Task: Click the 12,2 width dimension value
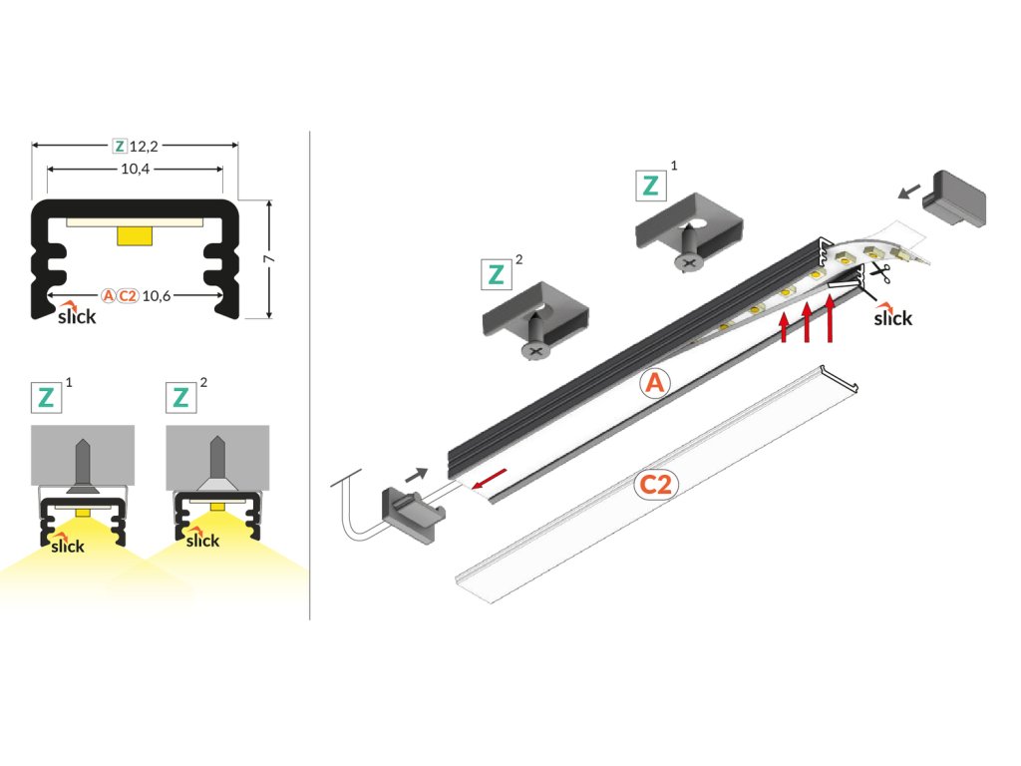[144, 147]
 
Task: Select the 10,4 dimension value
[136, 170]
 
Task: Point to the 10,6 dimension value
[157, 296]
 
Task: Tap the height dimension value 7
[269, 259]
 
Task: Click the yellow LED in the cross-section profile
[135, 235]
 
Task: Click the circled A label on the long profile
[655, 383]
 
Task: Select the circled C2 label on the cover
[656, 486]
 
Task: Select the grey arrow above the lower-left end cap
[417, 475]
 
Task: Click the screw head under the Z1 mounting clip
[688, 262]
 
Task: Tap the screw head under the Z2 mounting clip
[535, 350]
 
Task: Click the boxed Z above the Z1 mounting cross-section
[46, 398]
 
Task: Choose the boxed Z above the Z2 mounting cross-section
[181, 398]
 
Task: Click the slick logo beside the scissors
[892, 315]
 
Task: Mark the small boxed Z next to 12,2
[120, 146]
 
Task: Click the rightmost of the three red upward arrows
[830, 318]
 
